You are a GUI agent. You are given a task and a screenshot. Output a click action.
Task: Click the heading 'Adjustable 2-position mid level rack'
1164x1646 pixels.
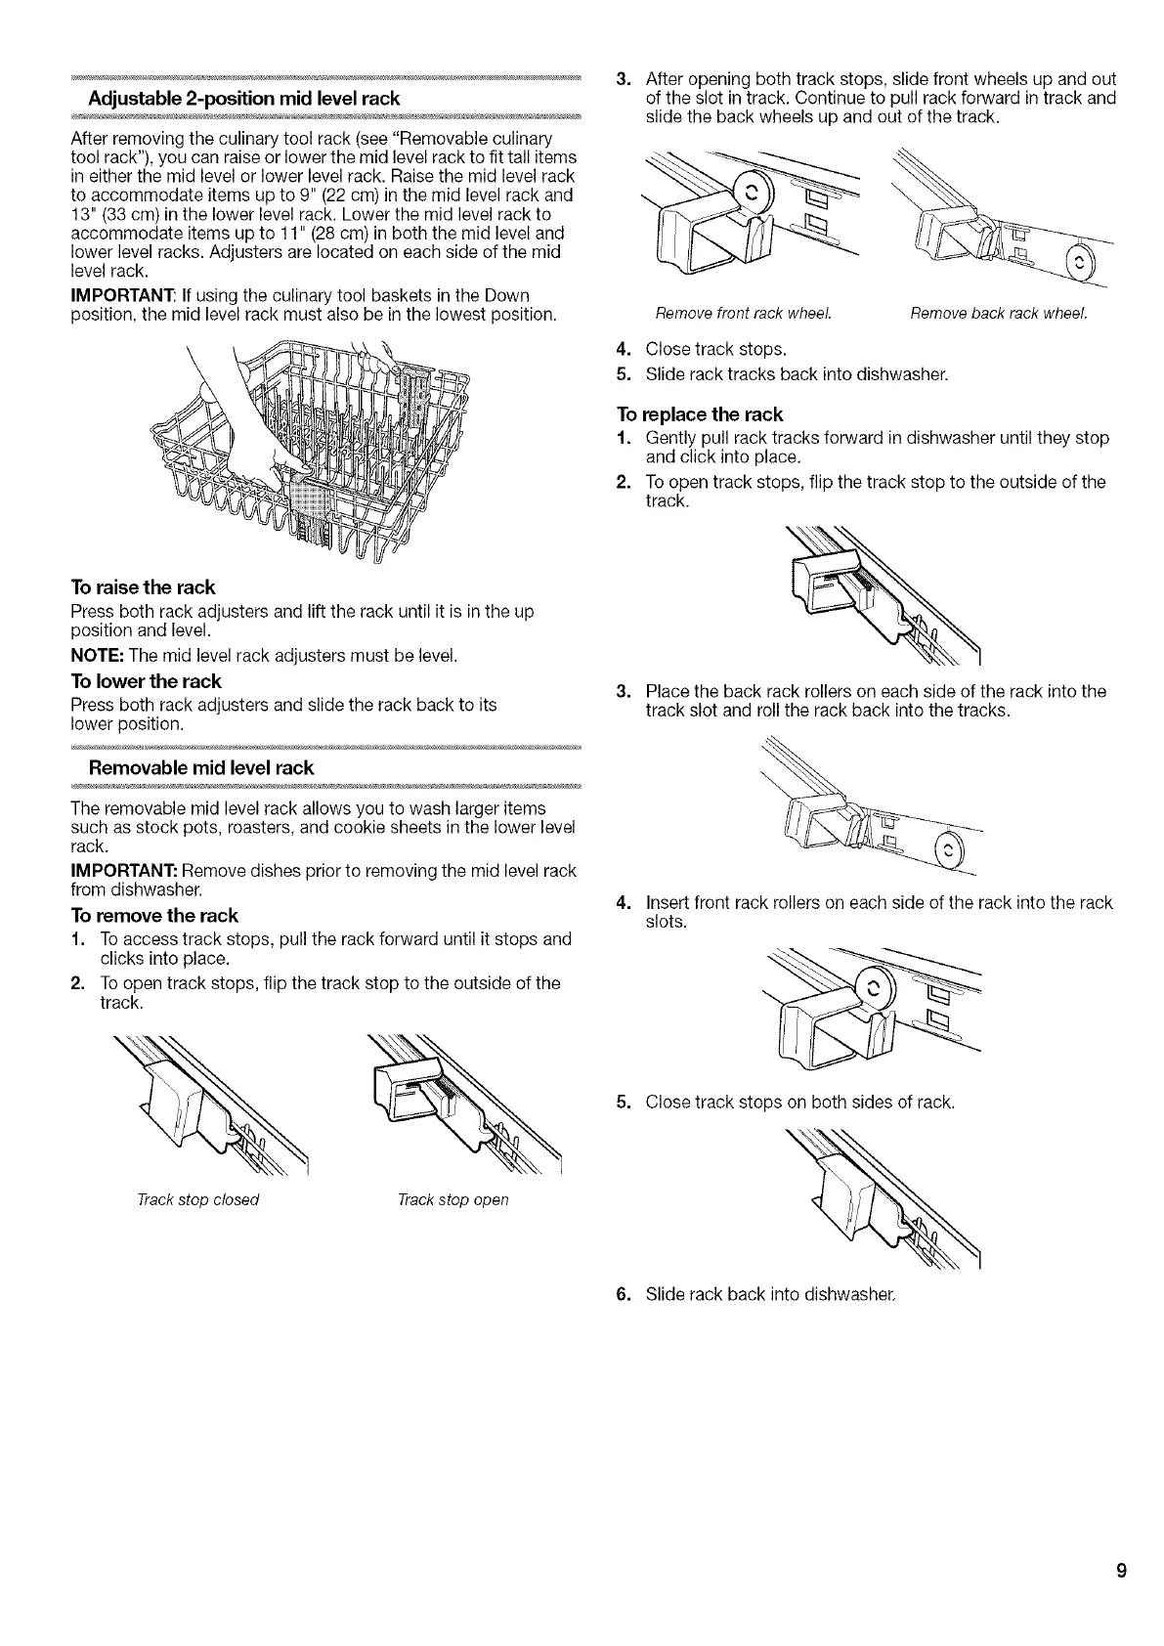(243, 99)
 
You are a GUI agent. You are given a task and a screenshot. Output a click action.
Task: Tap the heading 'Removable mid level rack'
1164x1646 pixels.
(201, 767)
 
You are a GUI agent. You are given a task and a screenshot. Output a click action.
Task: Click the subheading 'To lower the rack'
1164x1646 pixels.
(146, 681)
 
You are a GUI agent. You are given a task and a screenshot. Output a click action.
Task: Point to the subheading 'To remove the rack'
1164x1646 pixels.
(154, 916)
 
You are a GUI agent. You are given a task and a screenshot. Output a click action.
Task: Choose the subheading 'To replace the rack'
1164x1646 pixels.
(700, 413)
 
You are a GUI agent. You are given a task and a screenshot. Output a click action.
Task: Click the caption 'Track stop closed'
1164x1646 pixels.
(197, 1199)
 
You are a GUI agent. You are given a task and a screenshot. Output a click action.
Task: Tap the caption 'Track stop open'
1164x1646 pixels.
(453, 1199)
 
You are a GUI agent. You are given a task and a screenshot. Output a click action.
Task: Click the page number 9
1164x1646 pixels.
(1121, 1572)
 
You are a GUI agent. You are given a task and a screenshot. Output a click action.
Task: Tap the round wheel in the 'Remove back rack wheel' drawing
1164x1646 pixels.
(1077, 261)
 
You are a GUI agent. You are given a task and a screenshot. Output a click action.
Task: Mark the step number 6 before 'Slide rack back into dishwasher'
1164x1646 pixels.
(623, 1295)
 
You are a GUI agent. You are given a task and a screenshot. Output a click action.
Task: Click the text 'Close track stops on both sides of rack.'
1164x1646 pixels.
(799, 1103)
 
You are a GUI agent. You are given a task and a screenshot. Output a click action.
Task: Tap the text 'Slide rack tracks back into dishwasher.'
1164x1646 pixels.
(797, 374)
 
